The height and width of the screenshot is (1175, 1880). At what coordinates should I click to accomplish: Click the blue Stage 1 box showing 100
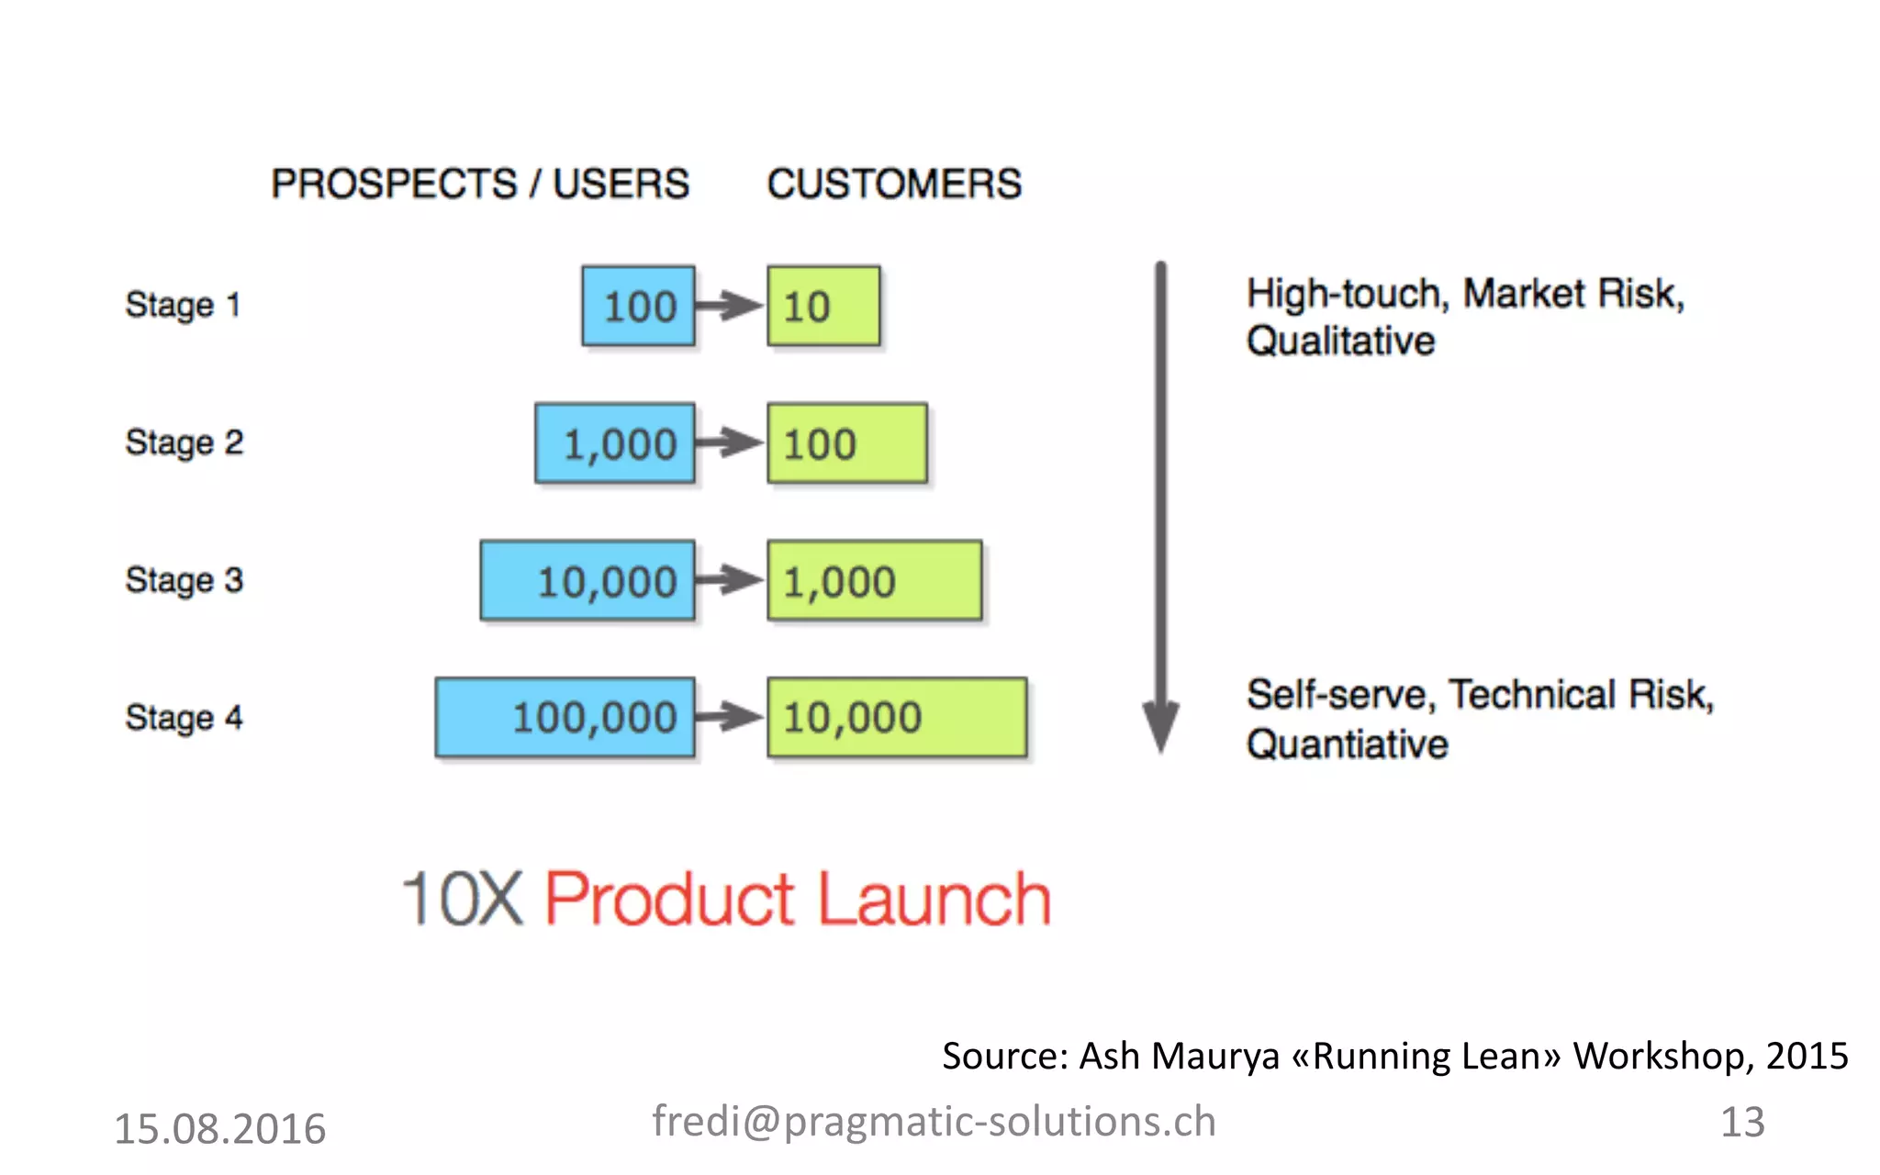coord(638,306)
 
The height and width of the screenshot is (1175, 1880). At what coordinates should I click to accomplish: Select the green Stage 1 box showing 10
coord(823,306)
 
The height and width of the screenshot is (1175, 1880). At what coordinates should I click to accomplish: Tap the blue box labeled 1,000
coord(615,443)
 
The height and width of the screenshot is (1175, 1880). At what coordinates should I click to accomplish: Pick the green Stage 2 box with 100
coord(846,443)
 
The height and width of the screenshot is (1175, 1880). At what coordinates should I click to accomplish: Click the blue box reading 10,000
coord(587,581)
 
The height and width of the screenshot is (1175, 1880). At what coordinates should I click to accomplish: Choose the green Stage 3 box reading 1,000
coord(874,581)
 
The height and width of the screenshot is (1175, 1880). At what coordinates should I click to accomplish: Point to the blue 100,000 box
coord(565,717)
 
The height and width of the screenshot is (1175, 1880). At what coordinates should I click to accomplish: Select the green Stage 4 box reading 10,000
coord(897,717)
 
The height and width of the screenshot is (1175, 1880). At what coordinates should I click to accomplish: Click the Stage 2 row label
coord(185,442)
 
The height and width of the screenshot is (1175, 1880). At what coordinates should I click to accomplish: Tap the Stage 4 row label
coord(185,717)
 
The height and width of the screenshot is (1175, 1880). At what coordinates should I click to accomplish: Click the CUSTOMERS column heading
coord(894,184)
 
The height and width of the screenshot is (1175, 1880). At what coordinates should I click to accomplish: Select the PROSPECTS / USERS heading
coord(480,184)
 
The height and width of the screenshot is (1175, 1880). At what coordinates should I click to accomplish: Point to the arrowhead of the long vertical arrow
coord(1160,729)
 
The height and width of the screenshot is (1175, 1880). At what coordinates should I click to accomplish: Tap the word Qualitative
coord(1340,341)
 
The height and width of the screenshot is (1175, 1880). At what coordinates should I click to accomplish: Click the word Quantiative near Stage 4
coord(1347,744)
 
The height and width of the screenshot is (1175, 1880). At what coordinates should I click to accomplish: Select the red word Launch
coord(934,899)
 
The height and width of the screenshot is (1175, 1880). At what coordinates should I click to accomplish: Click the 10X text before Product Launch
coord(464,899)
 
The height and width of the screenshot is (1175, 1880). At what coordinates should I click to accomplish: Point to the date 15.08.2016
coord(219,1128)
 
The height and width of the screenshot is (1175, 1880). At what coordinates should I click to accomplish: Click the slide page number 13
coord(1742,1122)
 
